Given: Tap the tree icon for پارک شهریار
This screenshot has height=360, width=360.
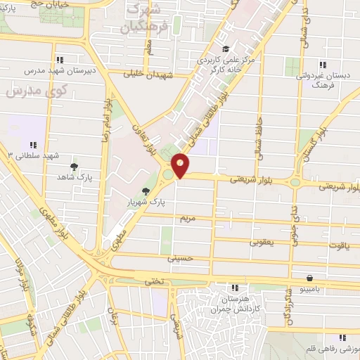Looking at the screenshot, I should click(146, 191).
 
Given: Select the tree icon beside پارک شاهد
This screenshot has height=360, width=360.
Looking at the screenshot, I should click(75, 167).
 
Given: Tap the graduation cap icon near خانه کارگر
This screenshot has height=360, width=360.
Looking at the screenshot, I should click(226, 49).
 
